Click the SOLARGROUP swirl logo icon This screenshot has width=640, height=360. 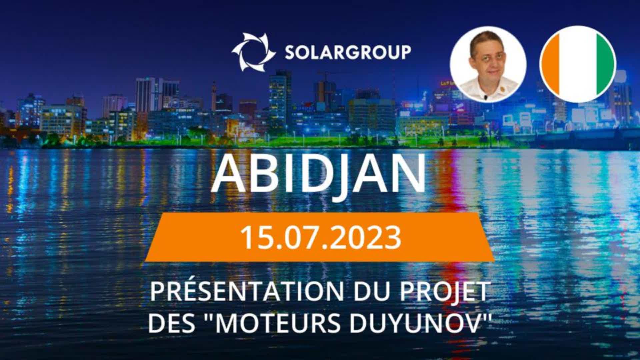click(x=254, y=52)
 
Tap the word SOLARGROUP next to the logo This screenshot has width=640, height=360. click(x=348, y=52)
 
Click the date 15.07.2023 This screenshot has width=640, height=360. click(x=321, y=237)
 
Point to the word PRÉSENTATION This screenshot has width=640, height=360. click(x=247, y=291)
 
